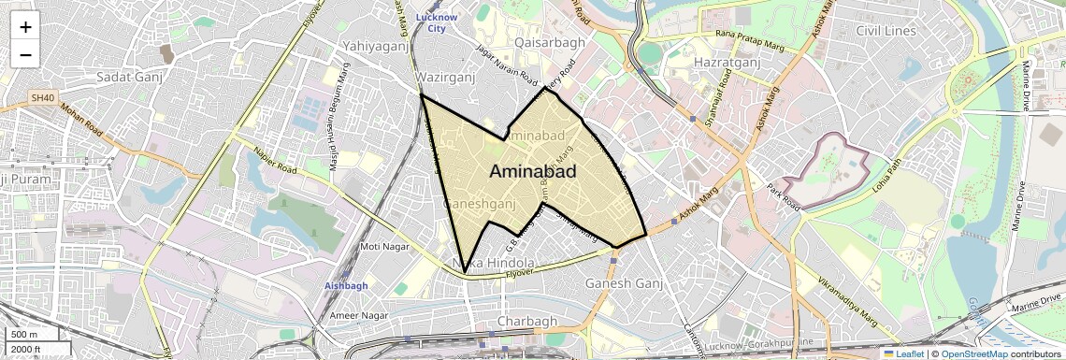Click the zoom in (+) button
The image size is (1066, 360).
(x=25, y=27)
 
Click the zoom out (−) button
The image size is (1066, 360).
(x=25, y=55)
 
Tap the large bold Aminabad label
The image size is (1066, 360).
(x=532, y=171)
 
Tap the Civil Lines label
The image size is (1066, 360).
(x=886, y=31)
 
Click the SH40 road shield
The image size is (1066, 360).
(x=43, y=97)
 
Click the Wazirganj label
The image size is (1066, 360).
(x=445, y=76)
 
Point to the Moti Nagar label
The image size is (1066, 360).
(x=384, y=247)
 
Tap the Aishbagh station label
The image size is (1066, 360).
(x=346, y=285)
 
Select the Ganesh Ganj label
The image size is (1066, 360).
(x=624, y=283)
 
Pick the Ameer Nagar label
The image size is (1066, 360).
(x=358, y=316)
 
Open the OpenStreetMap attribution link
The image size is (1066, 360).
(x=972, y=353)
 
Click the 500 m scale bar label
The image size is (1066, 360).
(x=23, y=335)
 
